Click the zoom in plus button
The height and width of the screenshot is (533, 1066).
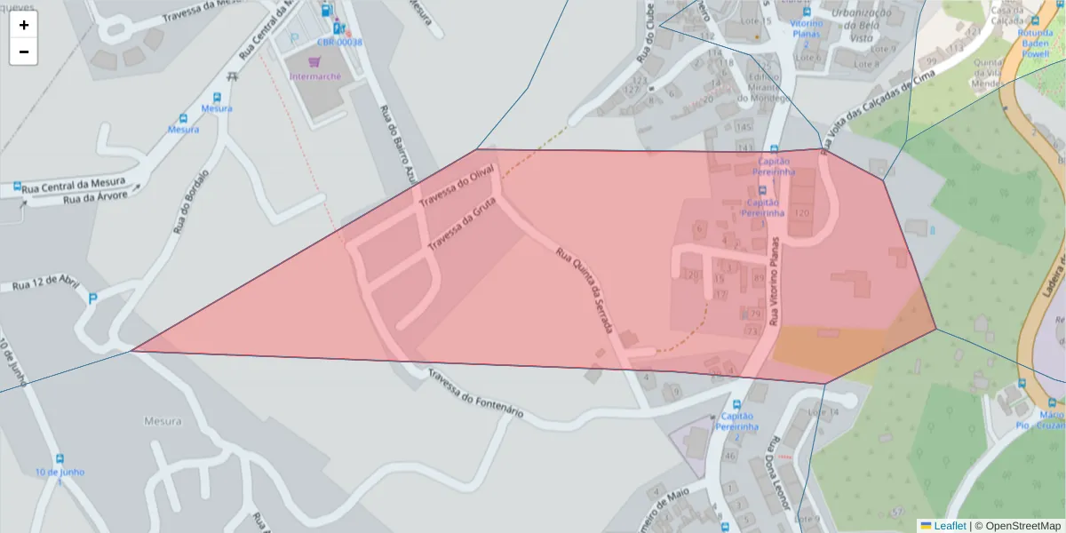pos(23,25)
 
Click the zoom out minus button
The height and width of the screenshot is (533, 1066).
pos(23,52)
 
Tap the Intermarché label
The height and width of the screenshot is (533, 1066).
pos(315,76)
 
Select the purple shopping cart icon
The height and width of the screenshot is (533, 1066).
pos(313,62)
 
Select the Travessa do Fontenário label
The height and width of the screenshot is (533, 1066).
pos(476,394)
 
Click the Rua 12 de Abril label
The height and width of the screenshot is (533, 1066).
pos(45,283)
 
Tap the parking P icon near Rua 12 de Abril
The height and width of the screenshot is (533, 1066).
pos(92,298)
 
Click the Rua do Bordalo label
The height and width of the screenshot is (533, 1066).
pos(190,202)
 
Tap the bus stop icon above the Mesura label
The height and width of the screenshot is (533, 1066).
pos(218,97)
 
